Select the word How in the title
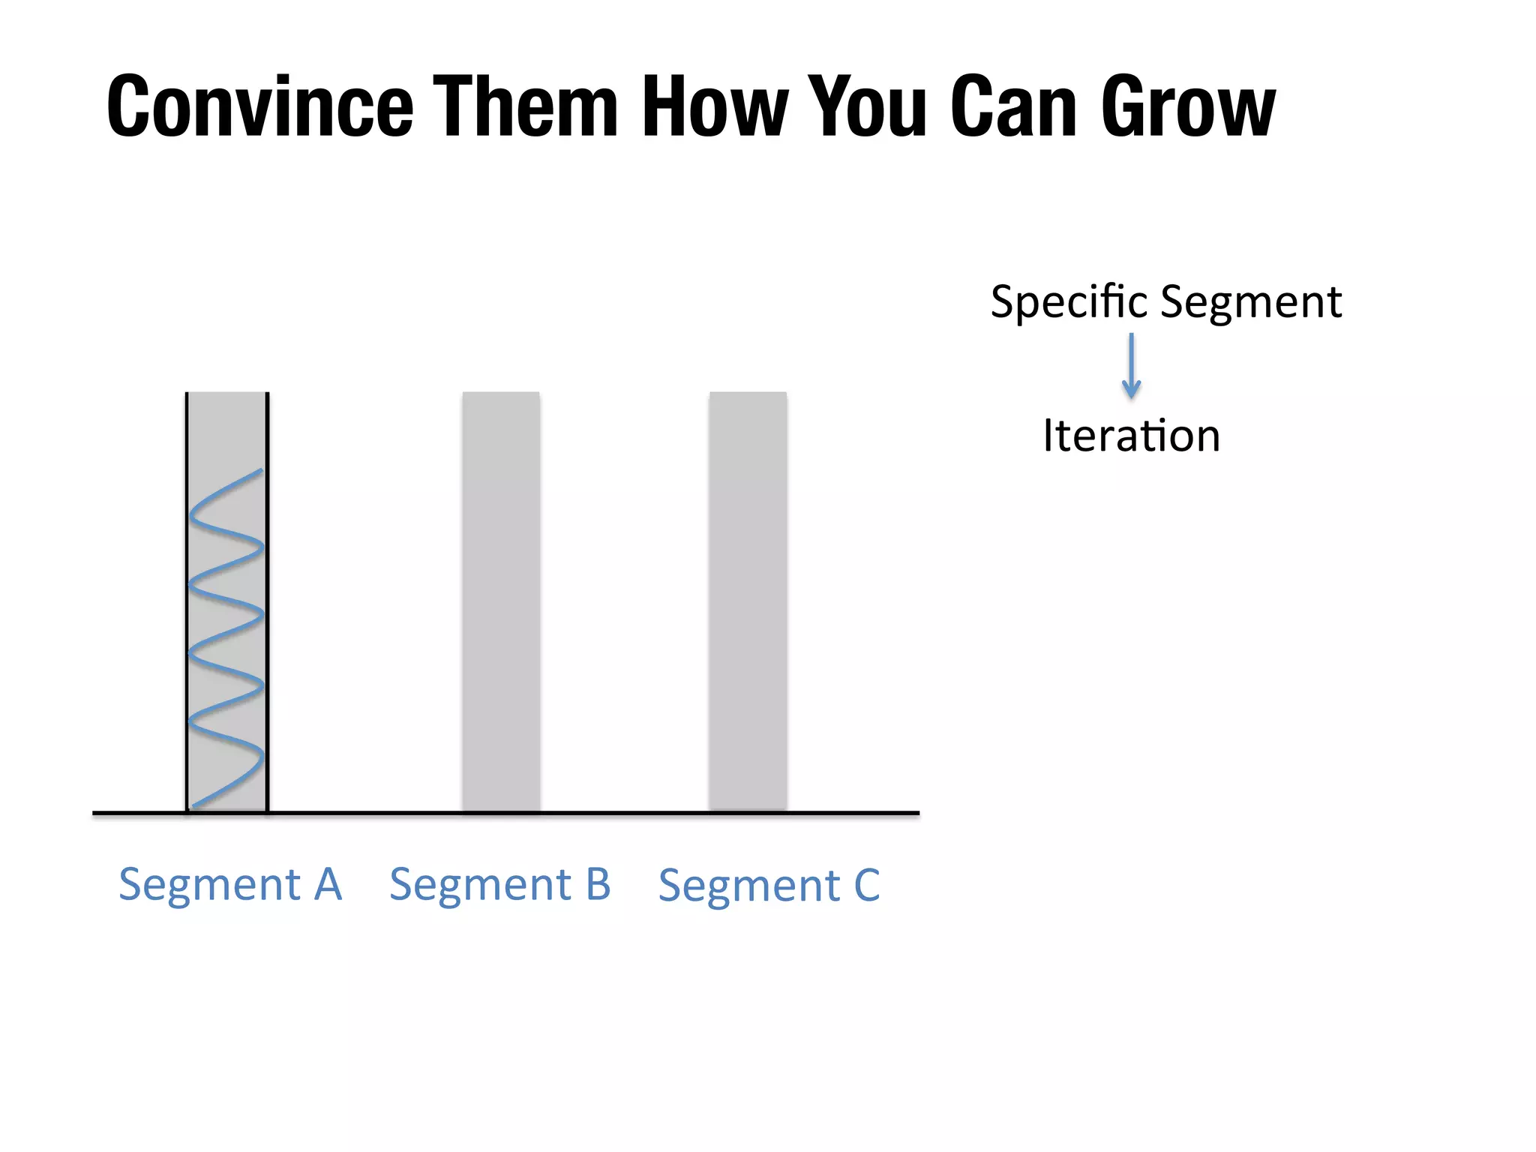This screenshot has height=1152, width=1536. (715, 106)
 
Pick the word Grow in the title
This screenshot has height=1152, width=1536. (1189, 106)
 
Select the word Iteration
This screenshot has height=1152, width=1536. (1131, 436)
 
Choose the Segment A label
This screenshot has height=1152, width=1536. (230, 884)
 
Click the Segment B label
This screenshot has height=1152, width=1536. (500, 884)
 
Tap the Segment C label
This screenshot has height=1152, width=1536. (769, 886)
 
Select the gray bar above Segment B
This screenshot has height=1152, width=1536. (501, 600)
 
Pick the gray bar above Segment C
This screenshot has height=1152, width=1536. (748, 600)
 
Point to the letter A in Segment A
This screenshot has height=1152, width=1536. (328, 884)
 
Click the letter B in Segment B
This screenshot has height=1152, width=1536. (598, 884)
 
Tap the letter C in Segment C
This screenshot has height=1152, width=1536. (866, 886)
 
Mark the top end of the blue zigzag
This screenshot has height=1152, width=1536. (260, 471)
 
